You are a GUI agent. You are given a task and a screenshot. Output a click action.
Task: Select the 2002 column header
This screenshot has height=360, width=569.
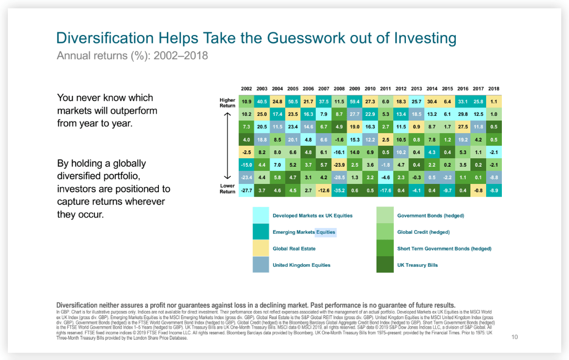(x=247, y=89)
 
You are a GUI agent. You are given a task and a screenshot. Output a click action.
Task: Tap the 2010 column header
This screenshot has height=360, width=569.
(x=370, y=89)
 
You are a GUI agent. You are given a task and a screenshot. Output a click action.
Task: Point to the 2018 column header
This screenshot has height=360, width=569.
(x=493, y=89)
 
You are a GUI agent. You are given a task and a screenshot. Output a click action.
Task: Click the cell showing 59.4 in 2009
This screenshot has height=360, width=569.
(x=355, y=101)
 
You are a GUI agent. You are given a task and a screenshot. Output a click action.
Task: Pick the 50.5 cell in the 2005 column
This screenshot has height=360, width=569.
(x=293, y=101)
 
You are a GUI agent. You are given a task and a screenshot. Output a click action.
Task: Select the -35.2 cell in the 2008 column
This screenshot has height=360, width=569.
(x=339, y=191)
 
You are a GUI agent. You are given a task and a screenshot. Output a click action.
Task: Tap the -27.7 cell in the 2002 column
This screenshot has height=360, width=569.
(x=247, y=191)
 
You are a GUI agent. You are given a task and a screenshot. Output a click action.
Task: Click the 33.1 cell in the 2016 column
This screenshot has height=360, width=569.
(x=463, y=101)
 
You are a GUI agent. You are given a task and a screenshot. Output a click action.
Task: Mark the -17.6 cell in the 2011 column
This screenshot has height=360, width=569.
(x=385, y=191)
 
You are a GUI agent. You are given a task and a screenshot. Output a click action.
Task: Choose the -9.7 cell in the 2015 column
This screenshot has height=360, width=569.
(x=447, y=191)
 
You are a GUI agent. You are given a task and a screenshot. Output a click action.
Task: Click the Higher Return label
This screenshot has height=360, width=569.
(x=227, y=102)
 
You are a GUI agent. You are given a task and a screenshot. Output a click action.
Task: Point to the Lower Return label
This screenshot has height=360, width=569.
(x=227, y=189)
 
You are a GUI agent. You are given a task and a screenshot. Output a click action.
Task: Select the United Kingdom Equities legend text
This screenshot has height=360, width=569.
(x=301, y=265)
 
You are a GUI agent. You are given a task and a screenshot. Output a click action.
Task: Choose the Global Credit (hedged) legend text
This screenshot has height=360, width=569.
(x=423, y=232)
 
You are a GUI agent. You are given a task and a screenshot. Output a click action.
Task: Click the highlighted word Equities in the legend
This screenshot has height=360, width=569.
(x=325, y=232)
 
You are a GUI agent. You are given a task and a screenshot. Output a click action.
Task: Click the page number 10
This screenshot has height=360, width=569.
(x=514, y=337)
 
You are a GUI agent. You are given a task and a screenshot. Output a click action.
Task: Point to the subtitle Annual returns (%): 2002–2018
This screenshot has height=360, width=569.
(x=132, y=56)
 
